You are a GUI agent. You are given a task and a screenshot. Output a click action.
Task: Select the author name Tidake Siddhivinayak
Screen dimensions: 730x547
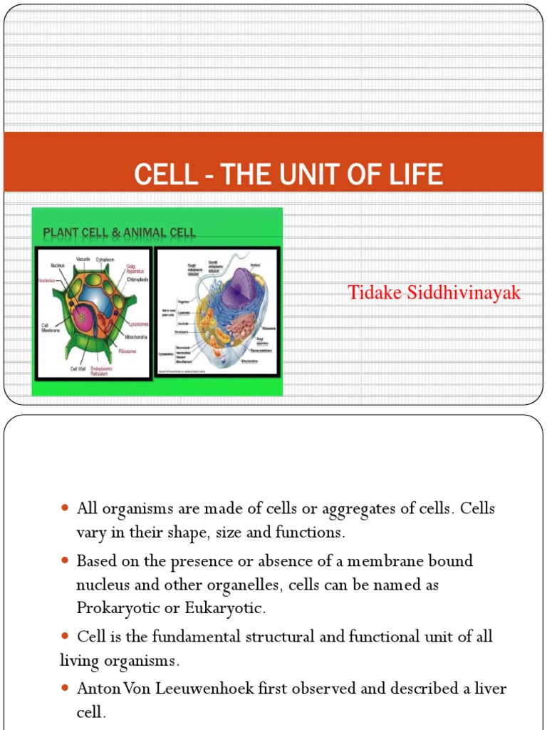click(x=434, y=292)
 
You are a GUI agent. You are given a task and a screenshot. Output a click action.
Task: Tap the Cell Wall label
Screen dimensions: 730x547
click(x=78, y=369)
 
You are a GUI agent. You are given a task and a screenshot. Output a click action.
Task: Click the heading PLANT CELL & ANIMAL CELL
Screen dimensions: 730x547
click(x=120, y=232)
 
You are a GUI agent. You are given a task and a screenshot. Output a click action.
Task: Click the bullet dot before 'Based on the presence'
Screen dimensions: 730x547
click(x=65, y=561)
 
